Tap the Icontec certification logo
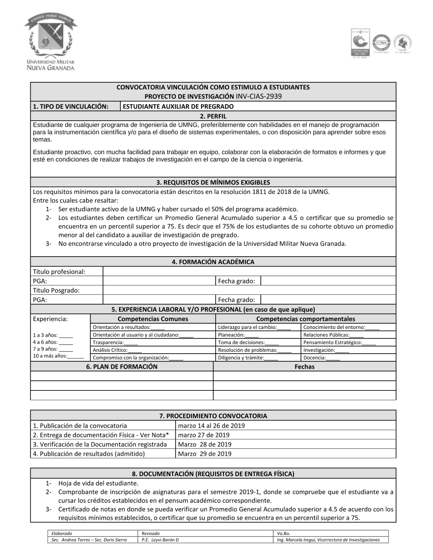click(360, 43)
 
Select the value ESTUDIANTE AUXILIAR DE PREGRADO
click(178, 106)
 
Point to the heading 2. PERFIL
click(213, 116)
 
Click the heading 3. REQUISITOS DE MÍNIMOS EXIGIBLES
click(213, 182)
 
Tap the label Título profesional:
click(59, 271)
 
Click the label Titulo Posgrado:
click(56, 290)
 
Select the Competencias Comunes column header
click(153, 319)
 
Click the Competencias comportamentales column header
click(305, 319)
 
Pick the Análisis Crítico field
click(117, 350)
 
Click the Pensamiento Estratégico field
click(339, 342)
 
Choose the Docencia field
click(322, 357)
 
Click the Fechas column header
click(304, 367)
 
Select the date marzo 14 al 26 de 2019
click(211, 425)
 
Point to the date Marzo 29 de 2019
click(205, 454)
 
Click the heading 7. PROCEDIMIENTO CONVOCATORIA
click(213, 415)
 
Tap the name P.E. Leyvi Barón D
click(160, 540)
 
